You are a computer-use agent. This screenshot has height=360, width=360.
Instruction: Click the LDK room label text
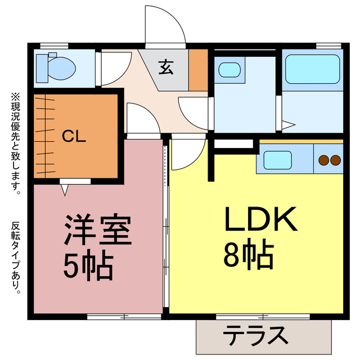tap(261, 220)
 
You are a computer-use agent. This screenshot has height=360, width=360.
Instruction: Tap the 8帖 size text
tap(249, 256)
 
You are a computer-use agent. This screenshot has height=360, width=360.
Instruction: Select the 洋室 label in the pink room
tap(98, 230)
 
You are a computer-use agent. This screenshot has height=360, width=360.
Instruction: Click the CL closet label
tap(74, 137)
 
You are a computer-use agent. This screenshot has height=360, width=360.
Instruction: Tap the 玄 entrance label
tap(165, 69)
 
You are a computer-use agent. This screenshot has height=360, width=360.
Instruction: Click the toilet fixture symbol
tap(55, 67)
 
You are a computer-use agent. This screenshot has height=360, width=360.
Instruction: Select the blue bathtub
tap(312, 69)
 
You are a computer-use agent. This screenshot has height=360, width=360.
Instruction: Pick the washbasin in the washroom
tap(229, 70)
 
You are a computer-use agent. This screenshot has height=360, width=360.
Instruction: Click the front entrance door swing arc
tap(164, 25)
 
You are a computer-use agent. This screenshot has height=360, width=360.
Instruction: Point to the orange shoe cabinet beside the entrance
tap(198, 70)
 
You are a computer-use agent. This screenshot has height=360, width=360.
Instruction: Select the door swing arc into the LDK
tap(187, 154)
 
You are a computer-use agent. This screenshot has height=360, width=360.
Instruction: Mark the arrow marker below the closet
tap(64, 190)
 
